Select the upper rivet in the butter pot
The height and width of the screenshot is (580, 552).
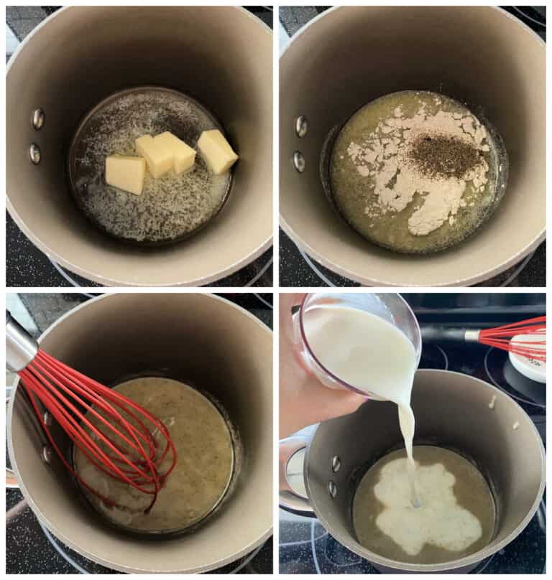click(x=38, y=119)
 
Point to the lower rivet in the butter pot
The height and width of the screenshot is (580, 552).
click(x=34, y=153)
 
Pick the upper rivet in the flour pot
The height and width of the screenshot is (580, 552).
click(x=300, y=126)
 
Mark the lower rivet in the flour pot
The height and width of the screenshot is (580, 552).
click(x=298, y=162)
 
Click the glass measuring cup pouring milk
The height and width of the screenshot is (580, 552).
click(x=359, y=345)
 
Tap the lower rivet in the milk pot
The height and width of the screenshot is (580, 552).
click(x=332, y=490)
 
